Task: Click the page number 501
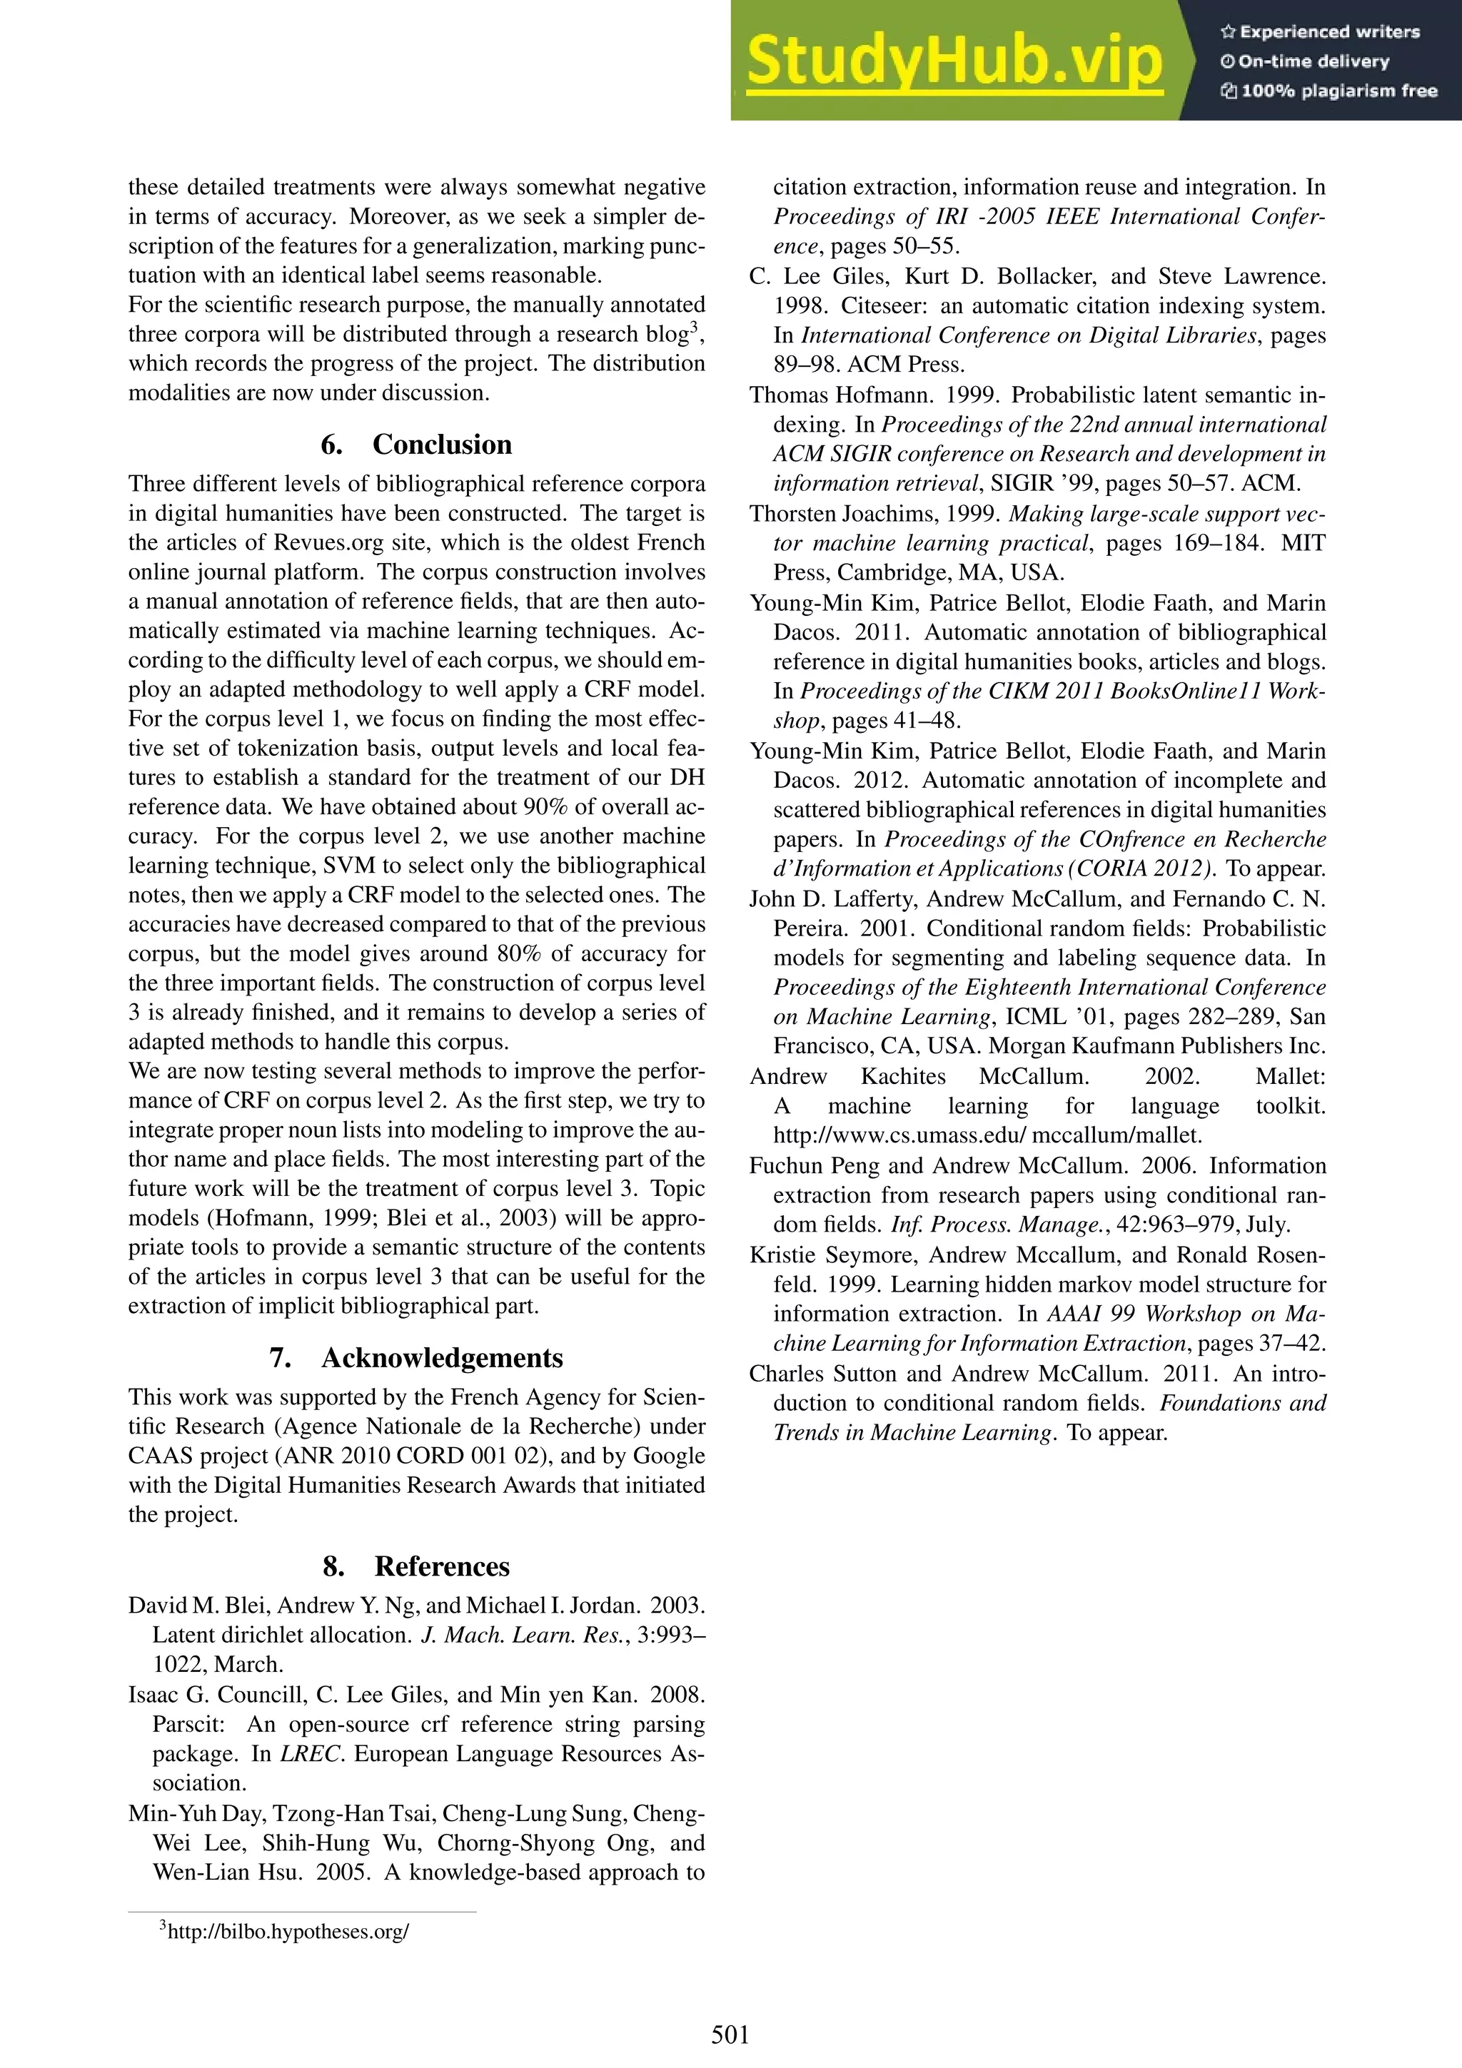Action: point(730,2034)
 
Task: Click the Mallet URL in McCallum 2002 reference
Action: point(987,1135)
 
